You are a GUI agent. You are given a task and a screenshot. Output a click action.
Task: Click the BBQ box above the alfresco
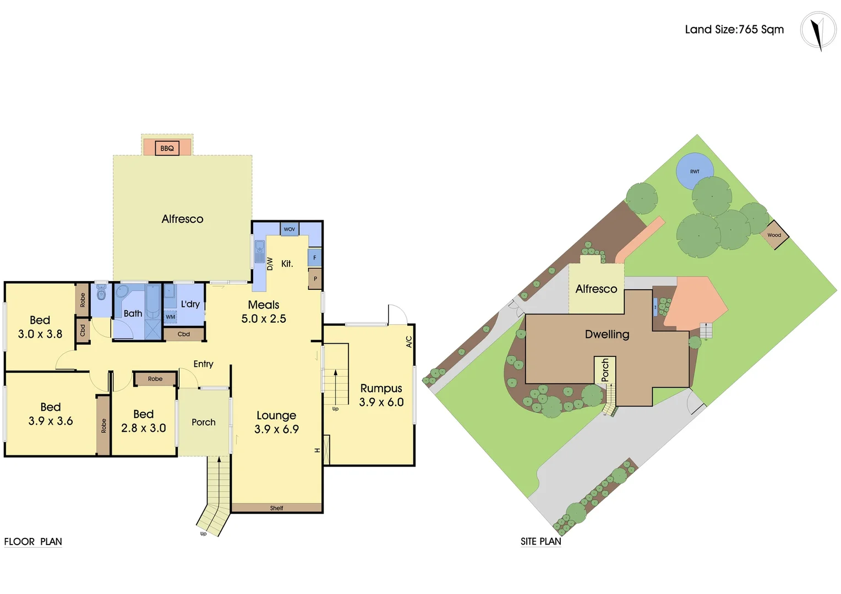click(167, 148)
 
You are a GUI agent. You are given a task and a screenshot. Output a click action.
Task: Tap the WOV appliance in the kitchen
click(290, 229)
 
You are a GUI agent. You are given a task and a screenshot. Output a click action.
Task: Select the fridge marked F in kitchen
click(315, 257)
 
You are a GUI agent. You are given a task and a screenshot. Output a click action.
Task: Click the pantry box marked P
click(315, 279)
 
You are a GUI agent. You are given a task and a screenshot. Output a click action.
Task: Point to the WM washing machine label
click(171, 317)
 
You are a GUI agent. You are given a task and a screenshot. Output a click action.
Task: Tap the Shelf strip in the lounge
click(276, 508)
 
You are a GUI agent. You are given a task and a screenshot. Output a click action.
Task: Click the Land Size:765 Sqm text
click(734, 30)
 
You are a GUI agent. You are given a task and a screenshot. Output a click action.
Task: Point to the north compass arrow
click(818, 32)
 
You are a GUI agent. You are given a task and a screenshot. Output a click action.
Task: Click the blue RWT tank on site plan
click(695, 171)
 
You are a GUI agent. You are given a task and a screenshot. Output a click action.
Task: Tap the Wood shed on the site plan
click(774, 235)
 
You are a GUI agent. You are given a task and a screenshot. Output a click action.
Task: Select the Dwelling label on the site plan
click(607, 334)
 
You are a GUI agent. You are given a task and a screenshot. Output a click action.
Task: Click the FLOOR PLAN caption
click(33, 542)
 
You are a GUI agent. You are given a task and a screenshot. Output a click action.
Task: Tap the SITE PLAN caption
click(541, 542)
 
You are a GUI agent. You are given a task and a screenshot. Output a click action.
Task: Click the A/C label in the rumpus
click(409, 342)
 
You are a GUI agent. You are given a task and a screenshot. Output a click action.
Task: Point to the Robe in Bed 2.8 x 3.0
click(155, 379)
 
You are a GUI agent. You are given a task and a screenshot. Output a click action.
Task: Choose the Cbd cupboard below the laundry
click(184, 334)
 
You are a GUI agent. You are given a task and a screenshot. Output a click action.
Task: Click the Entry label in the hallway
click(203, 364)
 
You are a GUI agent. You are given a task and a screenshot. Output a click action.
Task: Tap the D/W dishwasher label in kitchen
click(270, 264)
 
